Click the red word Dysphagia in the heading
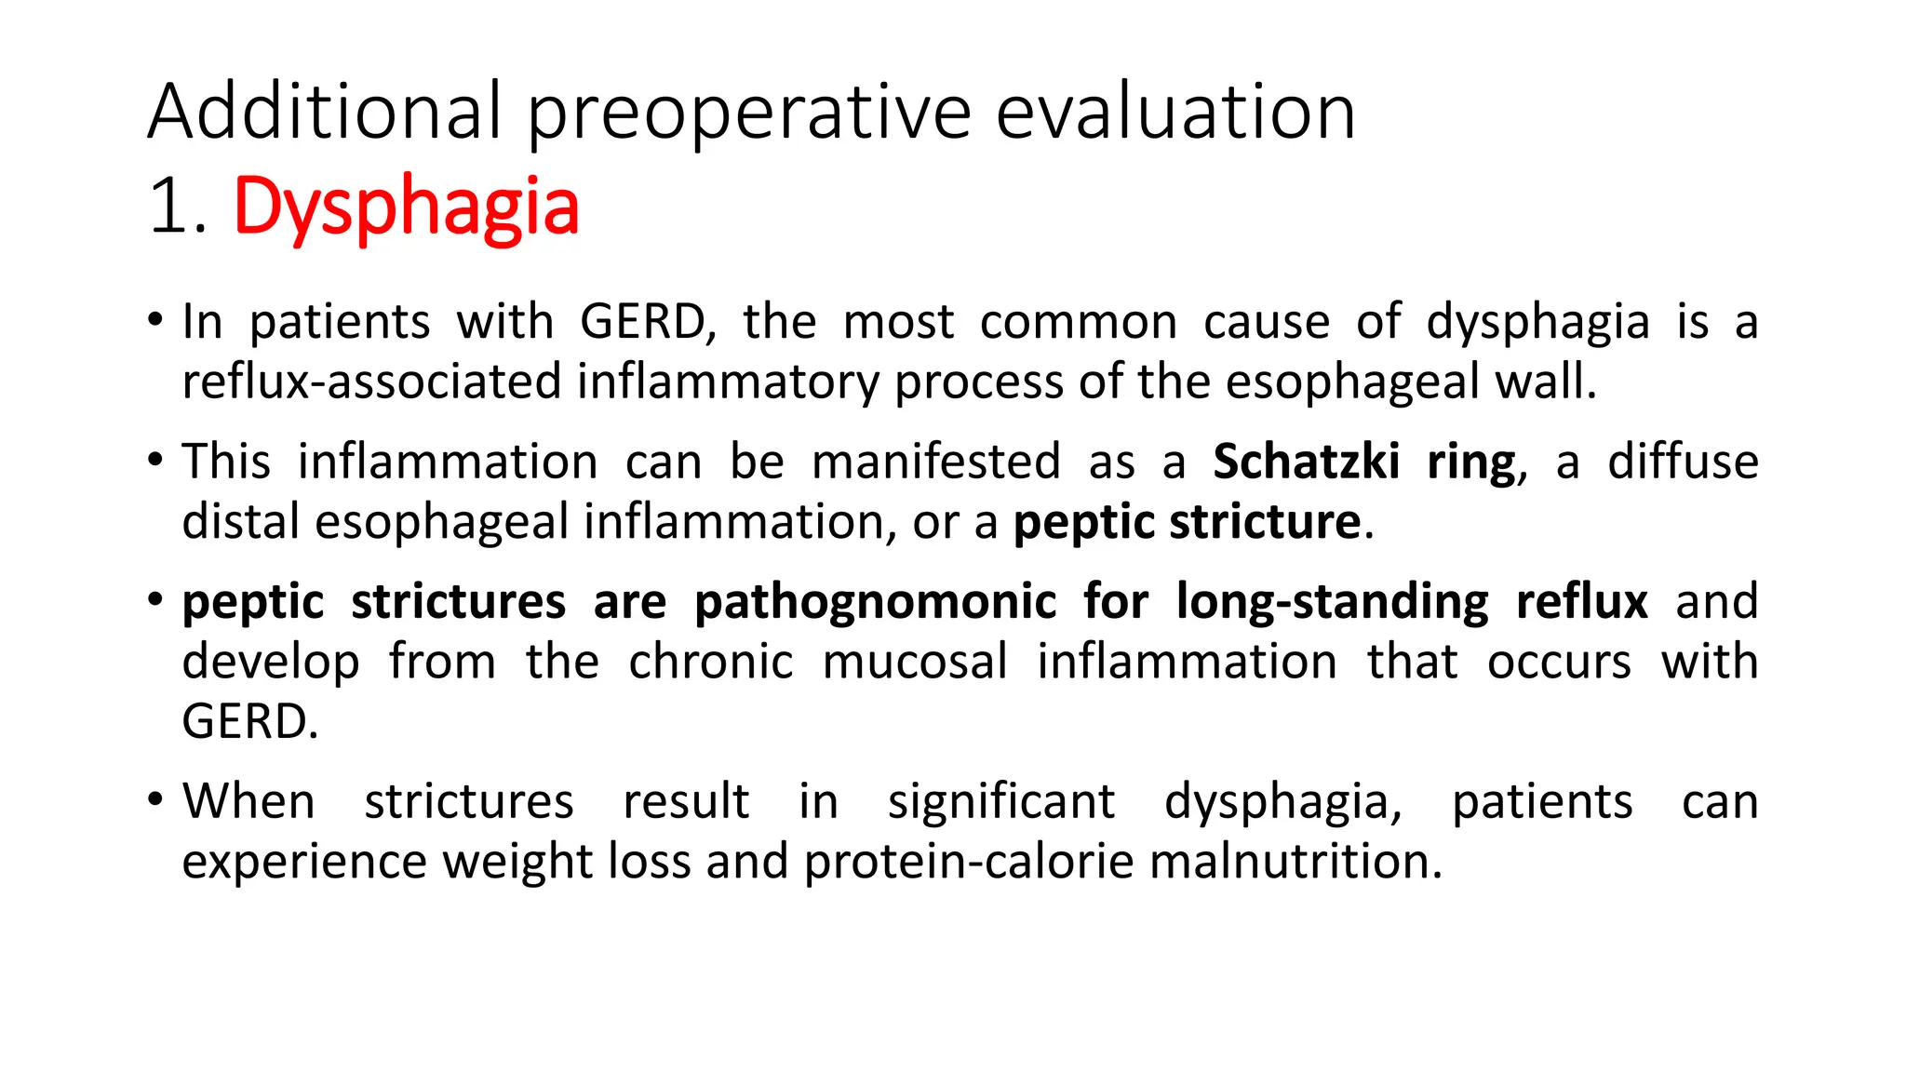click(x=406, y=207)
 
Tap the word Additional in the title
click(x=325, y=112)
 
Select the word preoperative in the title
click(x=750, y=114)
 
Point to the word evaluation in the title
click(x=1175, y=112)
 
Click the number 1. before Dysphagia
click(x=177, y=207)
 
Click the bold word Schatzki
click(x=1306, y=462)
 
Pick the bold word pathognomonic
click(x=875, y=601)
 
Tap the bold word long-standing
click(x=1332, y=602)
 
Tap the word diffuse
click(x=1683, y=462)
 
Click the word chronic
click(x=710, y=662)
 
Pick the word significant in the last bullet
click(x=1000, y=801)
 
